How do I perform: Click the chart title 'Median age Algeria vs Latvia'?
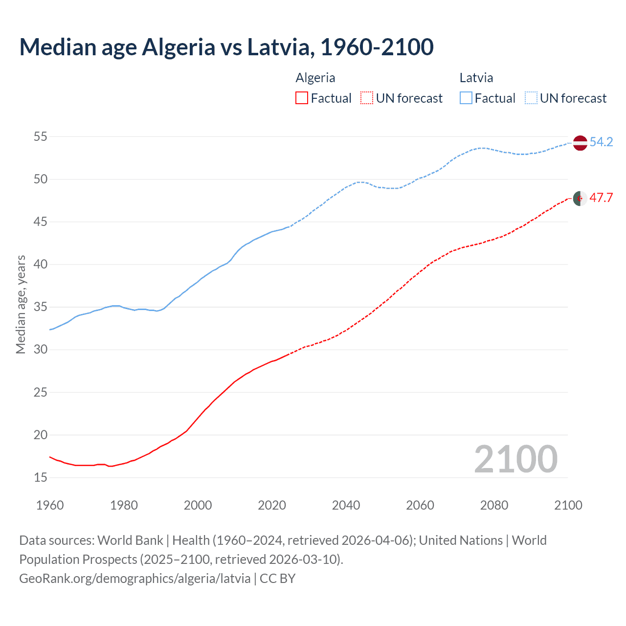[226, 47]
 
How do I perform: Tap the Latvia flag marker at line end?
[580, 143]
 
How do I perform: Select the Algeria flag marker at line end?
[580, 199]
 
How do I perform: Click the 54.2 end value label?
[601, 142]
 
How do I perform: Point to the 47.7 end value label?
[601, 198]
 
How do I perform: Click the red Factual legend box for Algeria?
[302, 98]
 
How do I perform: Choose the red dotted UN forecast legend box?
[367, 98]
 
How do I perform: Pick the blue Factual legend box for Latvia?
[466, 98]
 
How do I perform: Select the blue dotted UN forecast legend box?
[531, 98]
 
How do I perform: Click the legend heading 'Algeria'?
[315, 78]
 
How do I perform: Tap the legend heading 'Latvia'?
[476, 78]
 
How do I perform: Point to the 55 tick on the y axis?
[40, 136]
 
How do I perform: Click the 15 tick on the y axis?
[40, 477]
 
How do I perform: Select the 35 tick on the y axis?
[40, 307]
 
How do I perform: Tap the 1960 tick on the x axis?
[50, 505]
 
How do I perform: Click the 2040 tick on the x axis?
[346, 505]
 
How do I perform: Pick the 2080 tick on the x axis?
[494, 505]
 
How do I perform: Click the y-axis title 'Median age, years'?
[21, 304]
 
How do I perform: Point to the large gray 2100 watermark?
[515, 459]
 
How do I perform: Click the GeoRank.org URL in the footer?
[135, 579]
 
